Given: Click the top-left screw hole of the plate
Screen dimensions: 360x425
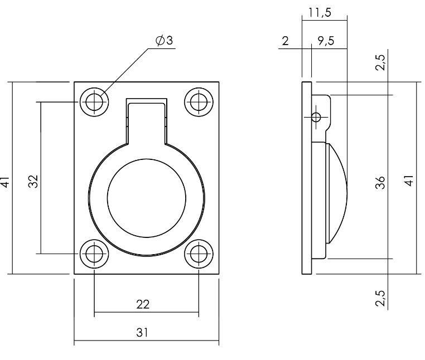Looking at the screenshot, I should (94, 102).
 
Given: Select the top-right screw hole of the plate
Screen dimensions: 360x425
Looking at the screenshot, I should (199, 102).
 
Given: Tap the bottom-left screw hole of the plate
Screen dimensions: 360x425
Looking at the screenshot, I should (94, 254).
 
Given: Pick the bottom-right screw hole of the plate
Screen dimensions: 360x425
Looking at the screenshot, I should (199, 254).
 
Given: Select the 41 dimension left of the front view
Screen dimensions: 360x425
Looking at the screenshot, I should (5, 182).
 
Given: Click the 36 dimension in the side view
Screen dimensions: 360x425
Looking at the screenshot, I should (381, 183).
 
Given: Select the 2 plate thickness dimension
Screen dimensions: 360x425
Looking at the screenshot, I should (286, 41).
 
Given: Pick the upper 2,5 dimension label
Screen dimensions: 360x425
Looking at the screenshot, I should (381, 62).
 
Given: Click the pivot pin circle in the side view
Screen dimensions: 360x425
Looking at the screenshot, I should (316, 117).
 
